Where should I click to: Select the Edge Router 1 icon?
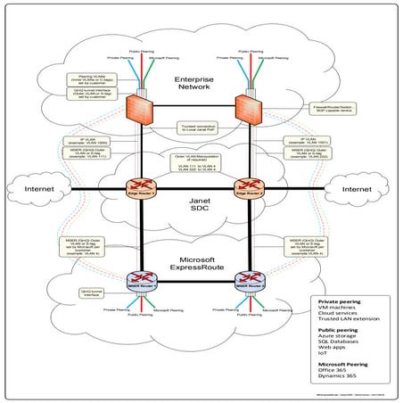[136, 189]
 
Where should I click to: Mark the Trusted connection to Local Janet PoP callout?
[194, 128]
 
